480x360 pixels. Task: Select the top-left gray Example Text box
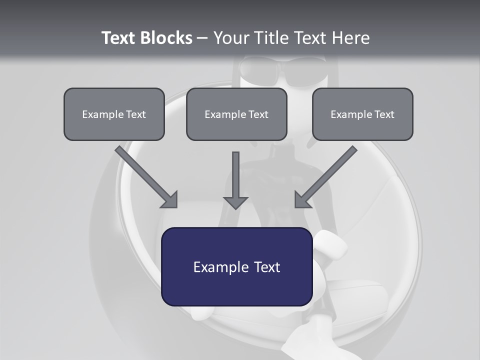point(114,114)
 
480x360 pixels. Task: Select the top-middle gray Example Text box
point(236,114)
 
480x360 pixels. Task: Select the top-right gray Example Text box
point(362,114)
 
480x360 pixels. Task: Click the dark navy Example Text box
point(236,266)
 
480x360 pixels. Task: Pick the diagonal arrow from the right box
point(327,175)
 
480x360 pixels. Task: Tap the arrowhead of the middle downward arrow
point(235,202)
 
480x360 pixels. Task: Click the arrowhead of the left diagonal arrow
point(170,200)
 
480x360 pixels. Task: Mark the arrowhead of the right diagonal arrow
point(302,200)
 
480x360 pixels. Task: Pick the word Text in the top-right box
point(383,114)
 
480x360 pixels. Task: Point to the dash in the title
point(202,38)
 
